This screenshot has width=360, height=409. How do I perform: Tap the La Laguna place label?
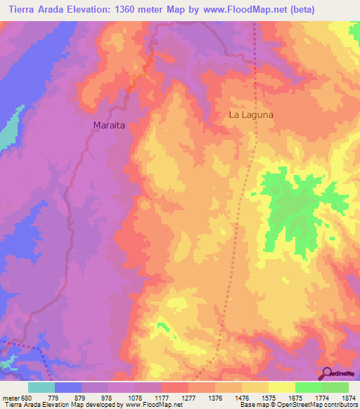pos(250,114)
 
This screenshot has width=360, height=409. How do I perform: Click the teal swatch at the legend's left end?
pos(41,387)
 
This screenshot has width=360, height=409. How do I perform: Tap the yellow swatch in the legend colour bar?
pos(282,387)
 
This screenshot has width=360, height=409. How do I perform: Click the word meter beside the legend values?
pos(11,398)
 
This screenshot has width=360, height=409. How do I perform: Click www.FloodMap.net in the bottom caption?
pos(149,405)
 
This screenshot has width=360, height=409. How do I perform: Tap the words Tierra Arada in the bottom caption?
pos(23,405)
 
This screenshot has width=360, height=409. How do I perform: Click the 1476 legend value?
pos(228,398)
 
